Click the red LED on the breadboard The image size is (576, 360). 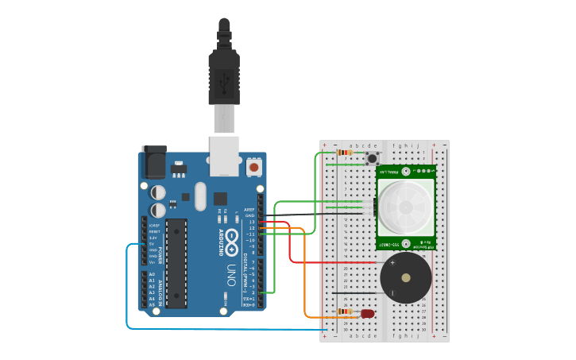coord(367,314)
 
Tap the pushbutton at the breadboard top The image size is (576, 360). coord(372,159)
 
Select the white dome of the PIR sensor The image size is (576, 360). coord(405,207)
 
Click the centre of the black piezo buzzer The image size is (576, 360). coord(406,277)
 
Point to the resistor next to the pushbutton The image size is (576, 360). coord(344,152)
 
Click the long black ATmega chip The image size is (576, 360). coord(176,263)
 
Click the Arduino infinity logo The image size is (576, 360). coord(232,238)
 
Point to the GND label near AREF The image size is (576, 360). coord(249,215)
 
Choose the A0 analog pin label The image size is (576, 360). coord(152,274)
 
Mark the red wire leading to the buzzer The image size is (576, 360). coord(291,246)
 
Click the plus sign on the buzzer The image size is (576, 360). coord(392,263)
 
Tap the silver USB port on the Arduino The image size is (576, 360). coord(224,155)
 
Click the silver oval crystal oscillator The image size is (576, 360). coord(199,195)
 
